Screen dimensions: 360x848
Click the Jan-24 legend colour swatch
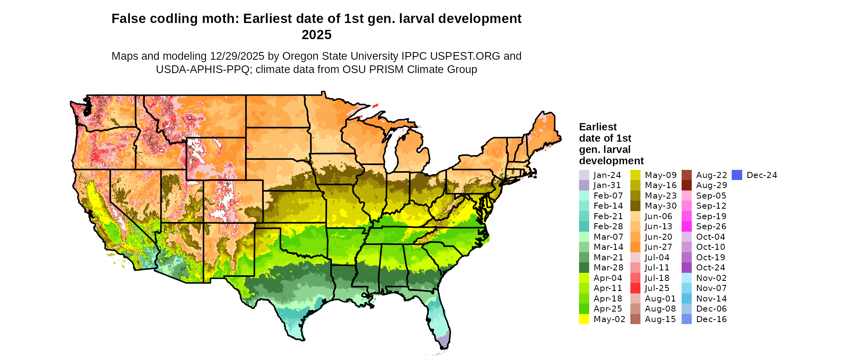tap(584, 175)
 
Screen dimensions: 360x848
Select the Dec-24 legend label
tap(762, 175)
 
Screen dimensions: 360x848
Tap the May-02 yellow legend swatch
tap(584, 319)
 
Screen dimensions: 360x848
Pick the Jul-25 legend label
tap(657, 288)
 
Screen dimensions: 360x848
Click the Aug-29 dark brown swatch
tap(686, 185)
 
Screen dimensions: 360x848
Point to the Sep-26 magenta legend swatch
tap(686, 226)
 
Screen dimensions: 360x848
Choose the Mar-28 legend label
tap(608, 268)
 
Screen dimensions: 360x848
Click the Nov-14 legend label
tap(711, 299)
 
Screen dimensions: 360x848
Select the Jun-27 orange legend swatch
tap(635, 247)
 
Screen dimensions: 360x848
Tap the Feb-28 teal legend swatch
tap(584, 226)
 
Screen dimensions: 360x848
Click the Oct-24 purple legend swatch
tap(686, 268)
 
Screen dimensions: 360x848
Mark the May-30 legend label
tap(660, 206)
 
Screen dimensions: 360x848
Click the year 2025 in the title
tap(317, 35)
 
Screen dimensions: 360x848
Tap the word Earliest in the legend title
tap(598, 127)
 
